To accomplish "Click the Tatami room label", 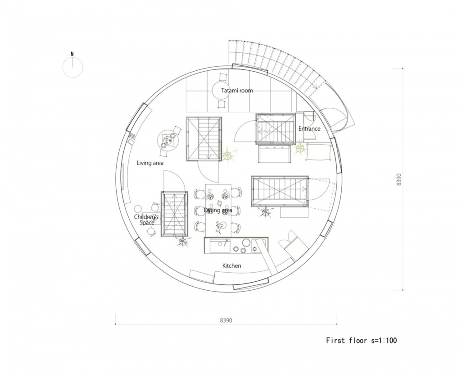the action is click(237, 90).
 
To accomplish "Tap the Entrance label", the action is click(309, 128).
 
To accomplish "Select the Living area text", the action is click(150, 163).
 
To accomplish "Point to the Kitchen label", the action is click(232, 266).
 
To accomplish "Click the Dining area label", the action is click(218, 210).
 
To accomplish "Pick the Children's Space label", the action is click(146, 220).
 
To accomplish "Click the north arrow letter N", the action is click(72, 54).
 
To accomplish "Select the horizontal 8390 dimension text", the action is click(226, 320).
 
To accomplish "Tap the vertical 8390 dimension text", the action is click(399, 179).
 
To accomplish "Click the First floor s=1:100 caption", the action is click(362, 341).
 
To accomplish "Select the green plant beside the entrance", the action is click(300, 148).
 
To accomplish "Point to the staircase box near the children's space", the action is click(174, 214).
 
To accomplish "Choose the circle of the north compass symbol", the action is click(72, 67).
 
